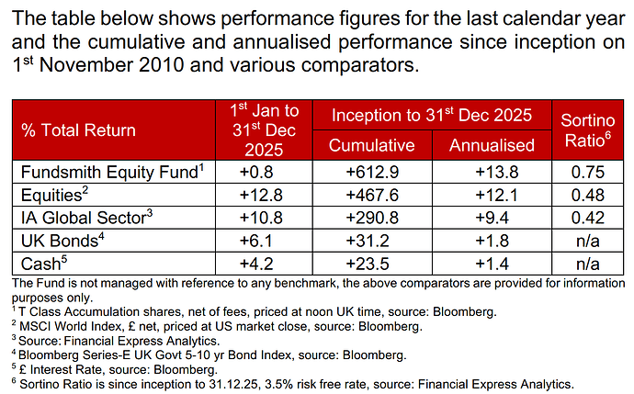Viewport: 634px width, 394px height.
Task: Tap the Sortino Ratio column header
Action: click(583, 130)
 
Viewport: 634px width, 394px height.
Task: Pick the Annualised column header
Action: click(492, 145)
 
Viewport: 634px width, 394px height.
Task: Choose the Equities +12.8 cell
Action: click(263, 195)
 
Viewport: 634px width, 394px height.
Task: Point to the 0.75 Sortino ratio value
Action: click(583, 171)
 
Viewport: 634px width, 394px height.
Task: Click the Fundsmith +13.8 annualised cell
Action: click(492, 171)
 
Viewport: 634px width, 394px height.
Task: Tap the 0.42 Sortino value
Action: click(583, 219)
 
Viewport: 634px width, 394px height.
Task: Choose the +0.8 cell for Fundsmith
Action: click(263, 171)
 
